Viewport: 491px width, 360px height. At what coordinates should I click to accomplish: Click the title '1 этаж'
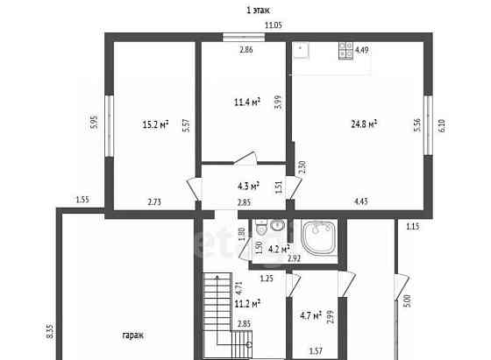(258, 11)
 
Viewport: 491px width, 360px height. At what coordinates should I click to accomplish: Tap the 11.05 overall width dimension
(274, 25)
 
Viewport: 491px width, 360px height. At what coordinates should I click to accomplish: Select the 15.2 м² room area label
(156, 124)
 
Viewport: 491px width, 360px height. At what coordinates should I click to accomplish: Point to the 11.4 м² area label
(247, 102)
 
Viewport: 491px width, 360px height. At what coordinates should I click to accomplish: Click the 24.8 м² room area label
(364, 124)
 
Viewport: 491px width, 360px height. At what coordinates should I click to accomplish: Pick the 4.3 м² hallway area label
(248, 187)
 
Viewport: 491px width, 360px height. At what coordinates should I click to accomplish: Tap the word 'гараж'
(133, 335)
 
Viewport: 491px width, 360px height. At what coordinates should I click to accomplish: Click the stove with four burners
(346, 51)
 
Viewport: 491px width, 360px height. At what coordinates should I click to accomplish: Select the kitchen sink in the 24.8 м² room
(301, 51)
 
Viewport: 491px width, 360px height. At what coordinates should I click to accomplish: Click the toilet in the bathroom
(260, 227)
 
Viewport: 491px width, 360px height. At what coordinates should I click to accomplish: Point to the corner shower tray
(319, 237)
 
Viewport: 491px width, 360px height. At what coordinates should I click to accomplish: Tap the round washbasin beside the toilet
(277, 225)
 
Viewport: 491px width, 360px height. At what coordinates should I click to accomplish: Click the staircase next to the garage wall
(226, 315)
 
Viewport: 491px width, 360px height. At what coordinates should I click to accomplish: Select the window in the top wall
(244, 37)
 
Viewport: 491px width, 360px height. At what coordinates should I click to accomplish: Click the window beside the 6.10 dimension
(428, 125)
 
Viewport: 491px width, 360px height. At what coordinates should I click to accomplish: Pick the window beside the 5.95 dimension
(109, 126)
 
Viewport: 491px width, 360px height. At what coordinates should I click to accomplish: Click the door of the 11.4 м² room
(245, 159)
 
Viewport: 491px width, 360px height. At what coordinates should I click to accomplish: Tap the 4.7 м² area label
(311, 315)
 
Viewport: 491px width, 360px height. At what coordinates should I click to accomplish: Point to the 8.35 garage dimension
(50, 331)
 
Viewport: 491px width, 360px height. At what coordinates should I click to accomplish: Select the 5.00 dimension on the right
(408, 301)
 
